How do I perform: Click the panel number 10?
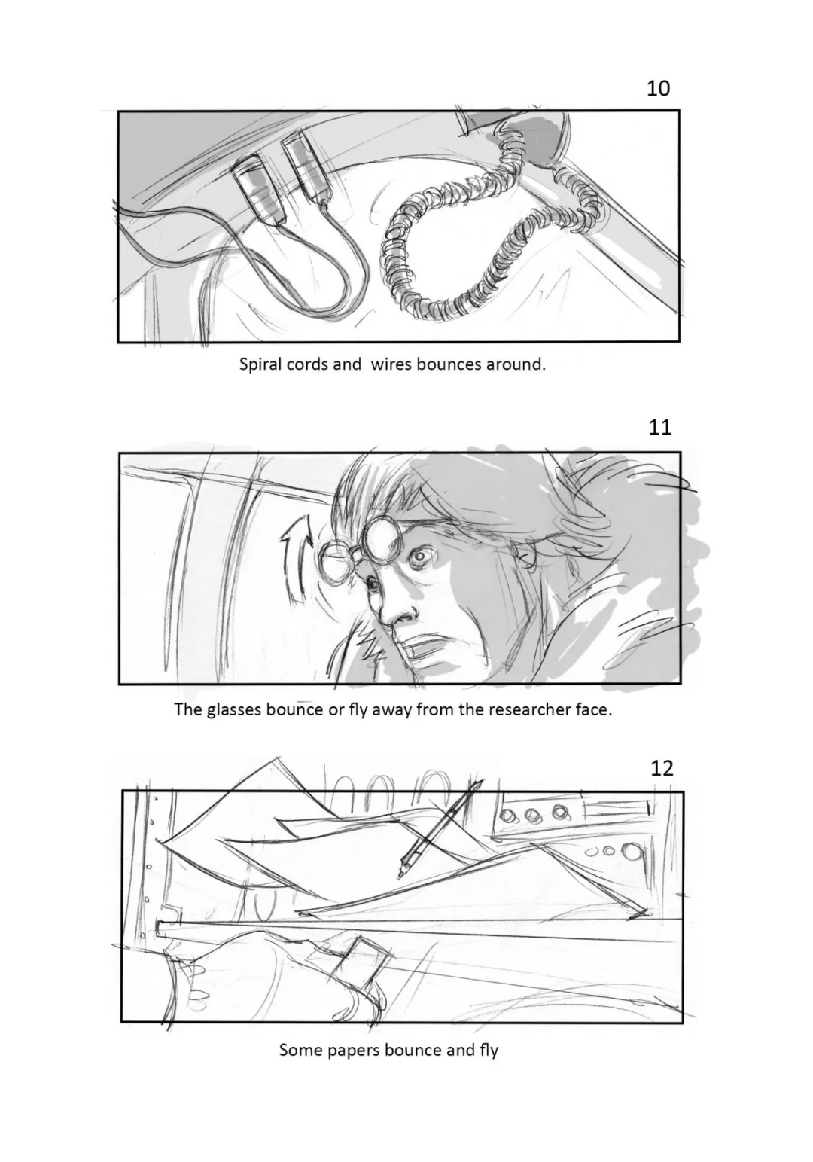(658, 88)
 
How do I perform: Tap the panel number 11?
(660, 428)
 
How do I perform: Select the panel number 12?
(662, 768)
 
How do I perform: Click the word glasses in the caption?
(233, 709)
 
